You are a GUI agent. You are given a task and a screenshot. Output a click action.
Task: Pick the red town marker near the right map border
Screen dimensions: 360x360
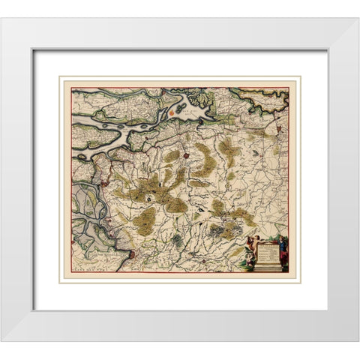pyautogui.click(x=279, y=132)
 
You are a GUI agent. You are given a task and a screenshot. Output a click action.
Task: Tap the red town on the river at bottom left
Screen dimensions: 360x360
pyautogui.click(x=133, y=254)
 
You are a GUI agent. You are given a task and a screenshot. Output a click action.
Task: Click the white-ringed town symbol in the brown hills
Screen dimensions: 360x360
pyautogui.click(x=149, y=198)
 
